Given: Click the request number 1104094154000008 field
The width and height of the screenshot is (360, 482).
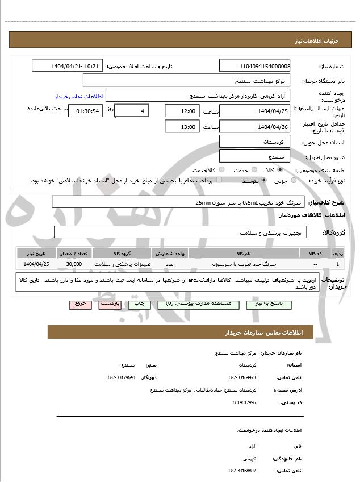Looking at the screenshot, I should (255, 67).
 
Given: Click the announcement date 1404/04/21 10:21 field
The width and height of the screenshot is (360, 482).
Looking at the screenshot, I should (68, 67).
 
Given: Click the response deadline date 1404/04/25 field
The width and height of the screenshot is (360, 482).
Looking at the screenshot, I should (255, 111).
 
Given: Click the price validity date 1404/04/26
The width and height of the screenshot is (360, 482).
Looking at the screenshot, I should (255, 127).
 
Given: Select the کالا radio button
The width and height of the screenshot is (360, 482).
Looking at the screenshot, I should (280, 170).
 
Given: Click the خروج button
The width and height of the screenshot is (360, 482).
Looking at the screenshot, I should (80, 304).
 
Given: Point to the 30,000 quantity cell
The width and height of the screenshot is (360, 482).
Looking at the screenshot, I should (74, 264).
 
